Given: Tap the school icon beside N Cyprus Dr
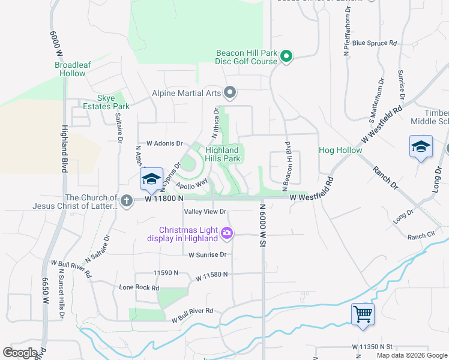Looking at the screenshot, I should tap(151, 179).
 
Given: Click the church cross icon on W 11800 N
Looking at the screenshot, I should tap(126, 201).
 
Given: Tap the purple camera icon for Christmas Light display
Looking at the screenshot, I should tap(226, 233).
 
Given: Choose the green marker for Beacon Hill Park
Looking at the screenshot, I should tap(286, 57).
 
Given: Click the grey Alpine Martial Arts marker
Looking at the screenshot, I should tap(229, 92).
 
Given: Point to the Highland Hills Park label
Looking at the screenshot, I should tap(222, 154).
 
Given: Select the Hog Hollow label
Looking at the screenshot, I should tap(340, 150).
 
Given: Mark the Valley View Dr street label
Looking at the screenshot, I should tap(205, 212).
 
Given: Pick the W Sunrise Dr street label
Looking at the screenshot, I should tap(207, 254).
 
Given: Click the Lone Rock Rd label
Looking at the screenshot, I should tap(139, 287).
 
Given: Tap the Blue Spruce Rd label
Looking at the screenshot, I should tap(375, 43).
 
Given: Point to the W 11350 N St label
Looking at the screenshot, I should tap(372, 347).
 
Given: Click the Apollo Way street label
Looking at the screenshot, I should tap(192, 182).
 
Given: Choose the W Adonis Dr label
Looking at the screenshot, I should tap(159, 143).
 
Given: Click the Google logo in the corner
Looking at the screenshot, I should tap(20, 353).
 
